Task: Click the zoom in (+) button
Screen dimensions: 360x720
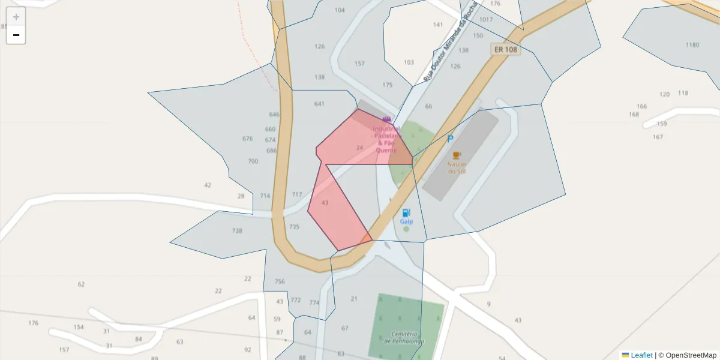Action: click(16, 17)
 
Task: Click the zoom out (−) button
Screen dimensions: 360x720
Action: click(16, 35)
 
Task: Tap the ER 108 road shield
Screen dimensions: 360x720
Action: click(505, 49)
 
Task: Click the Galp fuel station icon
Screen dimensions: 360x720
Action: click(406, 213)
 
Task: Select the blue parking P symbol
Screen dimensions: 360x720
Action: click(450, 139)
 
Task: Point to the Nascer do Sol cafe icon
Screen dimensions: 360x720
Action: click(457, 155)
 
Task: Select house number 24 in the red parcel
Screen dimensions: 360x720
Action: click(359, 148)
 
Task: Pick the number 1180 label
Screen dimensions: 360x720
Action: click(692, 45)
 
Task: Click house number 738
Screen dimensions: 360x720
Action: click(237, 231)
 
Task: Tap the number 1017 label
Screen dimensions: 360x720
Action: click(486, 20)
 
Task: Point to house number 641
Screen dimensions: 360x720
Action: click(319, 104)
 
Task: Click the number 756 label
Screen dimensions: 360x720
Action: click(280, 281)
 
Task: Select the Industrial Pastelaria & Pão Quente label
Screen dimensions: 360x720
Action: click(386, 139)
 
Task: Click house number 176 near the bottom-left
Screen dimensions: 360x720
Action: click(33, 323)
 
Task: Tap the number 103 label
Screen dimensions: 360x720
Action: click(409, 62)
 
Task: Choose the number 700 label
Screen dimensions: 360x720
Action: click(253, 161)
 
